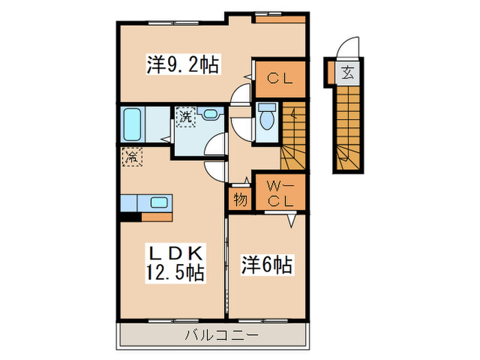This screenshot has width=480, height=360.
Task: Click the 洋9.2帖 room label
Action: pyautogui.click(x=182, y=66)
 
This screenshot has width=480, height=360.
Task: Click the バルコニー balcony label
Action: pyautogui.click(x=213, y=335)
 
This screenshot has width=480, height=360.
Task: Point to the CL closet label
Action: pyautogui.click(x=279, y=78)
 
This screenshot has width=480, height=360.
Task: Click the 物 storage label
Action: pyautogui.click(x=239, y=200)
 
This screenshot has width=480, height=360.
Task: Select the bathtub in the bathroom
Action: pyautogui.click(x=134, y=124)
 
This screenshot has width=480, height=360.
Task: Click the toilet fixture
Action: pyautogui.click(x=267, y=119)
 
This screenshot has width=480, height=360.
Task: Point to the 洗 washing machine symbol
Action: pyautogui.click(x=186, y=117)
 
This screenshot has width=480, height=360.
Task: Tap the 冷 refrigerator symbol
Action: pyautogui.click(x=131, y=156)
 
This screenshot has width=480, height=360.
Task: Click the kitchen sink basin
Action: pyautogui.click(x=158, y=202)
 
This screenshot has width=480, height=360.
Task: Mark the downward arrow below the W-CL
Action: pyautogui.click(x=291, y=219)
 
